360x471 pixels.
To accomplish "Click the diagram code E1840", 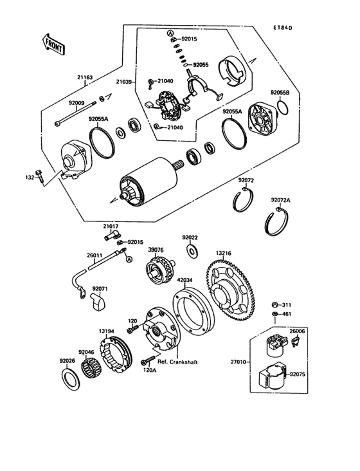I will (282, 28).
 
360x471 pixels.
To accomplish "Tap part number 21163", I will (85, 78).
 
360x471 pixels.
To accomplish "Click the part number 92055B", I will (280, 93).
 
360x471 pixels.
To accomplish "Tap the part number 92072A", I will (280, 200).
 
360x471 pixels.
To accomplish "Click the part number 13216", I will (224, 254).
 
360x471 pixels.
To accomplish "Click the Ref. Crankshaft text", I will (177, 362).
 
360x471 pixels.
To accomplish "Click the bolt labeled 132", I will (40, 174).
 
